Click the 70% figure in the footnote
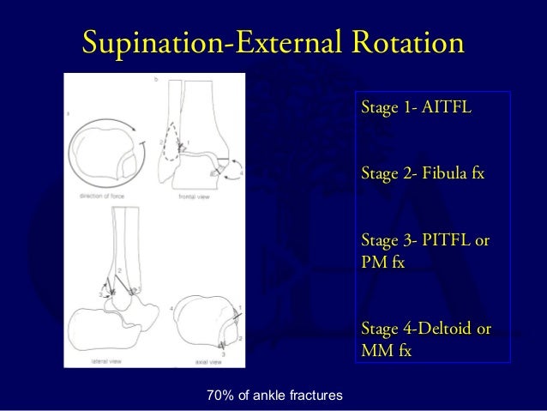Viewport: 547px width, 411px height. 222,395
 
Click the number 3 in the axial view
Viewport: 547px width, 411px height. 222,354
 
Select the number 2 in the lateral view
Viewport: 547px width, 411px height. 120,271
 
